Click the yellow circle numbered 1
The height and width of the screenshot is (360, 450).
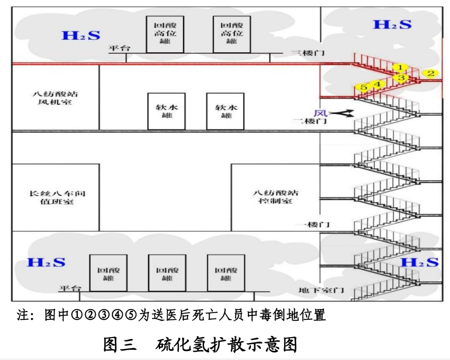[x=400, y=68]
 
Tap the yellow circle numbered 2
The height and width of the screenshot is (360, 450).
[x=430, y=73]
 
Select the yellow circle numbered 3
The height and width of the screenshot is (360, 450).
[x=401, y=78]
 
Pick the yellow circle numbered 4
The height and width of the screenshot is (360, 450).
[x=378, y=84]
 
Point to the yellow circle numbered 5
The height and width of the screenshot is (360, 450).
[x=364, y=88]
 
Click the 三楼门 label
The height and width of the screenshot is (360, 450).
[x=308, y=53]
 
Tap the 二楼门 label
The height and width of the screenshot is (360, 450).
[x=310, y=121]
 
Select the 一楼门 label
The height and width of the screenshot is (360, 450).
[x=313, y=224]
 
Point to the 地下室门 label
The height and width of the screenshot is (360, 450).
[x=321, y=290]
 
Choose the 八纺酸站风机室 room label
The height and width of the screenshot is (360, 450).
[x=55, y=98]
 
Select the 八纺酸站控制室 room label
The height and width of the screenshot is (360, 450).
[x=275, y=197]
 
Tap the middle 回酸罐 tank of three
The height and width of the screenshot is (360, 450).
[x=167, y=274]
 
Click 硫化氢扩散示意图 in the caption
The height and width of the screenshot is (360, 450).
[x=226, y=345]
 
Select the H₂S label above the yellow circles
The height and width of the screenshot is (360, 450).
[x=392, y=24]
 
